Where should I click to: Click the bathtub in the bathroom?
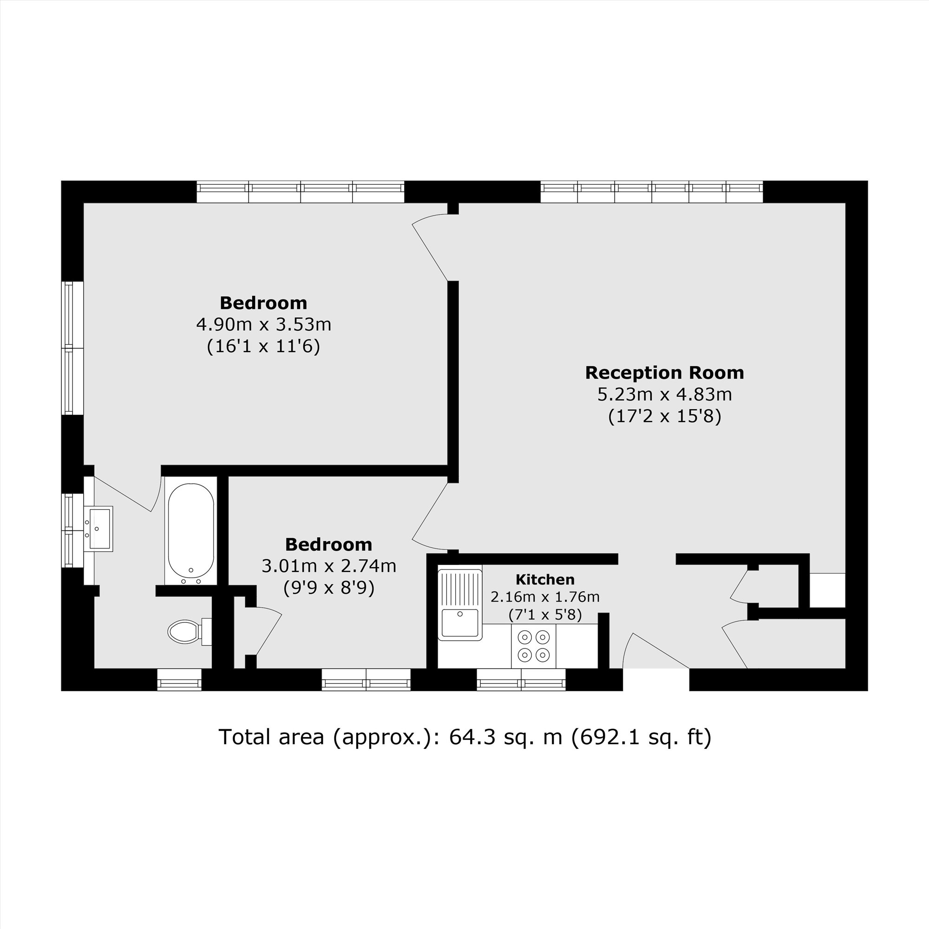point(191,530)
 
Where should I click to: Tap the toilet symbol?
point(189,631)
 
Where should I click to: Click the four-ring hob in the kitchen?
point(533,646)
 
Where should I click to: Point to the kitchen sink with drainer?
point(460,605)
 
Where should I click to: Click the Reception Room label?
point(665,373)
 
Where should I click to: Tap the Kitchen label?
point(545,579)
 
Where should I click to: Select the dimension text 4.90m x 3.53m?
point(263,325)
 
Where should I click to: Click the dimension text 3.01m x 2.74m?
point(329,566)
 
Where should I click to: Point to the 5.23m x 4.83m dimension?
point(665,394)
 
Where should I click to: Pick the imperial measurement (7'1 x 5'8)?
point(545,615)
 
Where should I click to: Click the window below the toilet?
point(179,680)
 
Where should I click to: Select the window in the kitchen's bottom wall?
point(521,680)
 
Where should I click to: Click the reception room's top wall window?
point(652,192)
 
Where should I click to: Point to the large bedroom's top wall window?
point(301,192)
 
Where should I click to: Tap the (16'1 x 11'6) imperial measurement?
point(263,346)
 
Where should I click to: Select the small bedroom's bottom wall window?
point(366,680)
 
